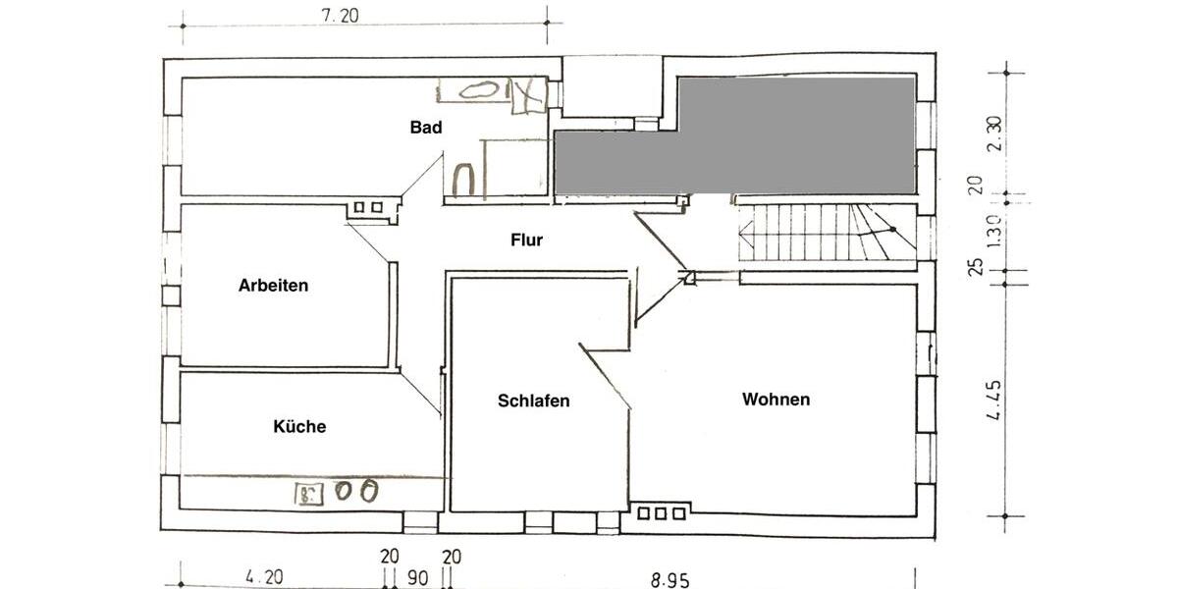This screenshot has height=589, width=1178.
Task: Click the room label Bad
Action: click(x=426, y=128)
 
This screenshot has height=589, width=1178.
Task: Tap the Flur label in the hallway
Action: click(x=526, y=240)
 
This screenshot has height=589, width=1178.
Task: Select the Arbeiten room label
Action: click(x=273, y=286)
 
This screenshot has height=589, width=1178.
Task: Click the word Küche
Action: click(x=299, y=427)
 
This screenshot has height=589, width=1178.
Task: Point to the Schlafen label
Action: click(x=533, y=401)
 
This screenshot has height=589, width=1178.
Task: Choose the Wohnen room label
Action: click(x=776, y=400)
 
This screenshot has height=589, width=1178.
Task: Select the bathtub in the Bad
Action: click(x=481, y=90)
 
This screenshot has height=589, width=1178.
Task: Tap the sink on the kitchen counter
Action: click(x=308, y=492)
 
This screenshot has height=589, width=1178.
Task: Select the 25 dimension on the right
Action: click(x=976, y=266)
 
